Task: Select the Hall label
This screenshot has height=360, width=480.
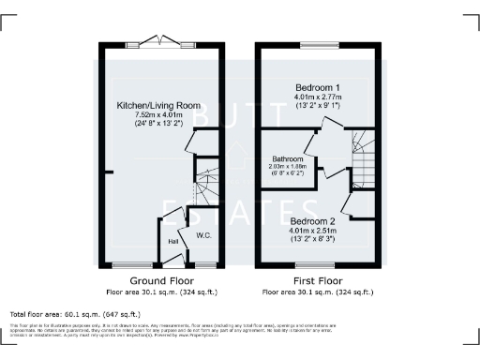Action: point(173,242)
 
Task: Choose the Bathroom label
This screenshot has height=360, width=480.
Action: point(287,158)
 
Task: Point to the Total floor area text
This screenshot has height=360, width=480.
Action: point(75,314)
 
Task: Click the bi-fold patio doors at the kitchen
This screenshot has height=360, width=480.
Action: point(162,41)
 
